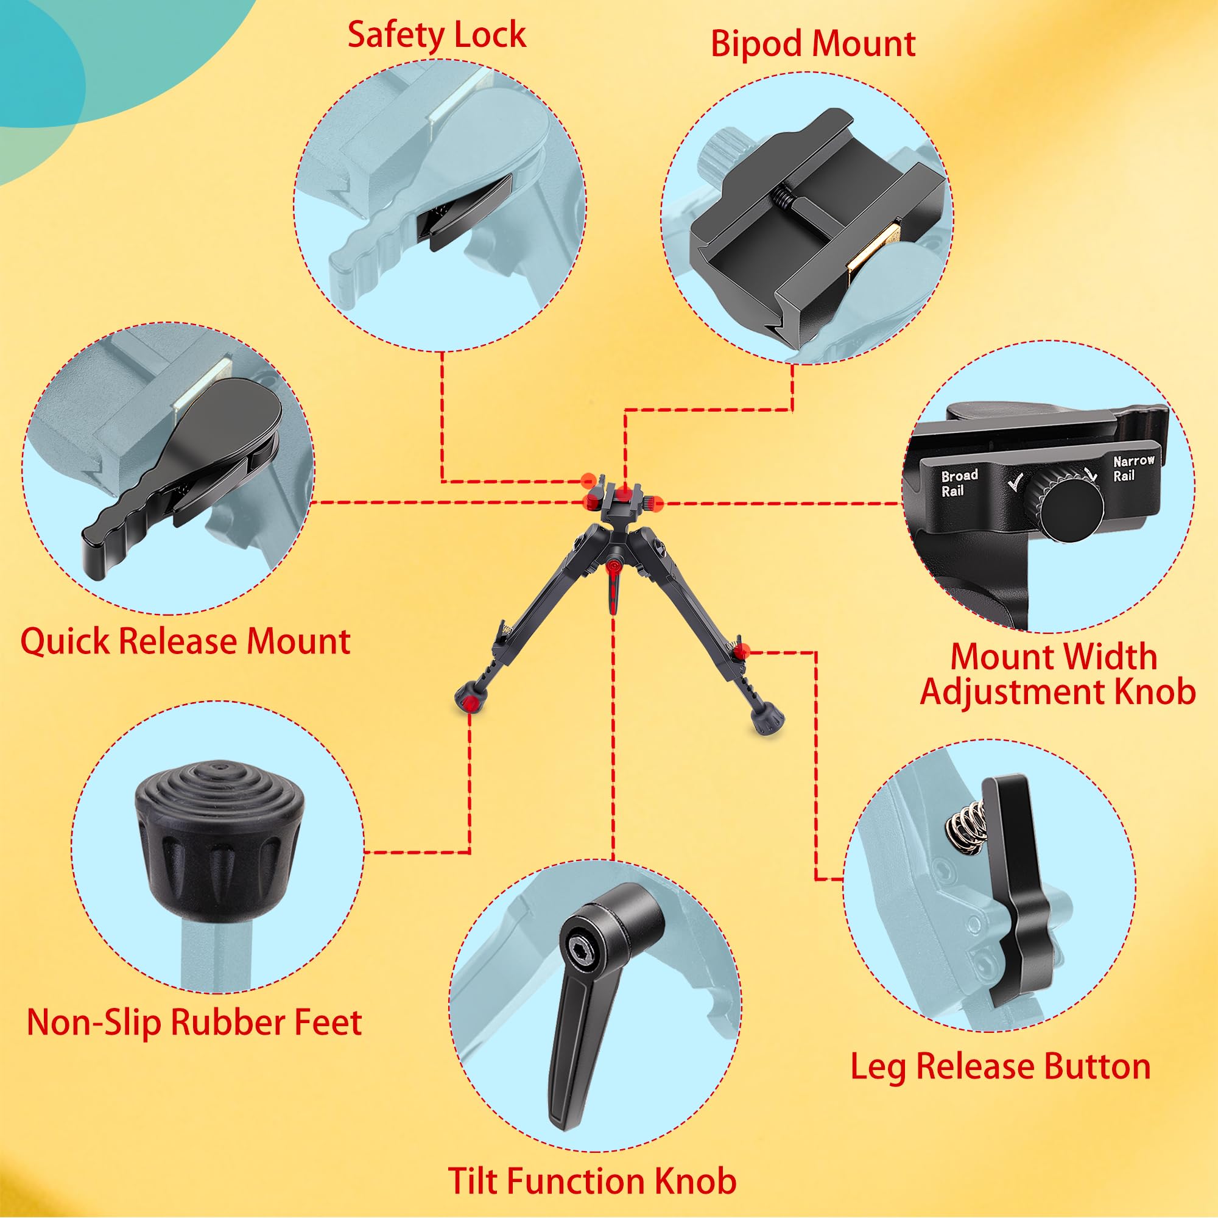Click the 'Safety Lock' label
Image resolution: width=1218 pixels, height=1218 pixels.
point(436,35)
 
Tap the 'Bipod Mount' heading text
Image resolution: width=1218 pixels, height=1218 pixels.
point(812,44)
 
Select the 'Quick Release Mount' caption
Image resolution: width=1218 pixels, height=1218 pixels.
point(185,642)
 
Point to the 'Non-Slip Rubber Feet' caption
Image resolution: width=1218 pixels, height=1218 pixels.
point(194,1023)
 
